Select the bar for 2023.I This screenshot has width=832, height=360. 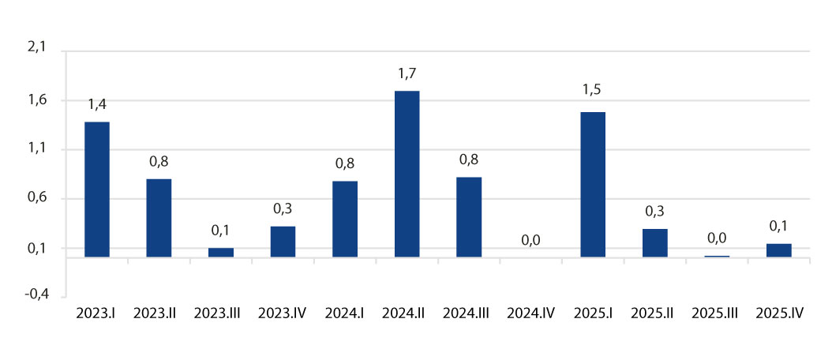point(96,189)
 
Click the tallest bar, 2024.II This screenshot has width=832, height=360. point(407,174)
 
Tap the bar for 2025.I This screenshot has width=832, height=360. point(593,184)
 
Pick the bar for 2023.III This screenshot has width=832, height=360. point(221,252)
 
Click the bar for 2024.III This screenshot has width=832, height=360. point(469,216)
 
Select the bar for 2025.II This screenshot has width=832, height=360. point(654,242)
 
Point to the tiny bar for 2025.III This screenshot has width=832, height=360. point(717,256)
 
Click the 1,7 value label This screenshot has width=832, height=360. point(407,73)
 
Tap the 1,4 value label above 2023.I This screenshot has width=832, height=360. point(96,103)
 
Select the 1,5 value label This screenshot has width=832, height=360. point(593,90)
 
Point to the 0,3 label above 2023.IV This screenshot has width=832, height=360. point(283,208)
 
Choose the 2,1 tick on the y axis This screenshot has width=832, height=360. point(38,48)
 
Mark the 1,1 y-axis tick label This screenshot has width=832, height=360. point(38,149)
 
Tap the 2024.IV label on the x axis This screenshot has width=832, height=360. point(530,313)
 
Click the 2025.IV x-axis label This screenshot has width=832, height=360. point(779,313)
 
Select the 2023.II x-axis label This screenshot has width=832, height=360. point(159,313)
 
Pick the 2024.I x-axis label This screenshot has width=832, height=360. point(345,313)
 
